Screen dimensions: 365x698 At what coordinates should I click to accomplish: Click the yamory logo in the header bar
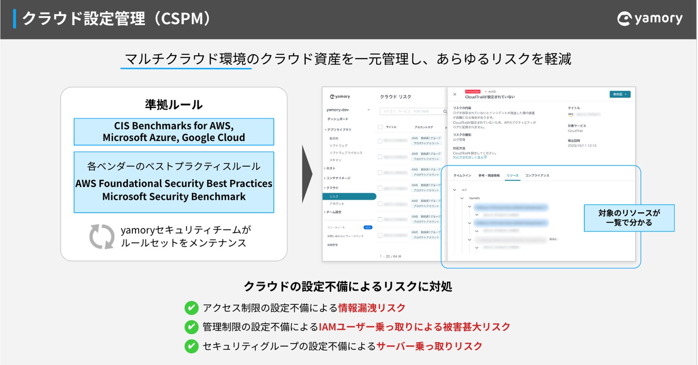pos(650,18)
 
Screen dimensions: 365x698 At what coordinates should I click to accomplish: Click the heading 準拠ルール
pos(174,105)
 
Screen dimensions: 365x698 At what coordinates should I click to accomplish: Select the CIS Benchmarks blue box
pos(174,131)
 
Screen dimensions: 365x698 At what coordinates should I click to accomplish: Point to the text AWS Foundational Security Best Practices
pos(174,183)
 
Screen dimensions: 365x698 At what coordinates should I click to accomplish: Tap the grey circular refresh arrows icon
pos(102,236)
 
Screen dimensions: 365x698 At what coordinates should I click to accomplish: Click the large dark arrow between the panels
pos(307,174)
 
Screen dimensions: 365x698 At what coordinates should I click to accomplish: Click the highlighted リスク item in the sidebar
pos(349,197)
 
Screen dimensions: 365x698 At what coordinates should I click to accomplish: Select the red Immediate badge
pos(472,92)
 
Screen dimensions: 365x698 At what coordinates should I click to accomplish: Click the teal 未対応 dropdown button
pos(620,94)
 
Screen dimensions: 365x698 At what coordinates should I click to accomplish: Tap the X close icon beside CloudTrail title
pos(455,95)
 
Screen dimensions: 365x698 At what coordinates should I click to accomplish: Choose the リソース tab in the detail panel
pos(512,176)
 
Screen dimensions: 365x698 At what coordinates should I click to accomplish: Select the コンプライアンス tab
pos(537,176)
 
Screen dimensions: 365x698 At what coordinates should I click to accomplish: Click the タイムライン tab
pos(462,176)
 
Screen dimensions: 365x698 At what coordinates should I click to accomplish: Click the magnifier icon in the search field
pos(445,111)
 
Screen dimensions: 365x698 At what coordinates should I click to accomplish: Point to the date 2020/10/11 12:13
pos(582,146)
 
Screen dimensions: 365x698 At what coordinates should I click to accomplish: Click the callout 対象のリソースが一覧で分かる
pos(629,218)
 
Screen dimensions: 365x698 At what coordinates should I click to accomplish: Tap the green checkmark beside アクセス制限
pos(192,308)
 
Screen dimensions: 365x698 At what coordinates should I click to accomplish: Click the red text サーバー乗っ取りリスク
pos(429,346)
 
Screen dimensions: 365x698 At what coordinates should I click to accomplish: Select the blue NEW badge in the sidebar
pos(368,227)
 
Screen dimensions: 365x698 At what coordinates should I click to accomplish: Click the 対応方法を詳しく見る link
pos(469,157)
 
